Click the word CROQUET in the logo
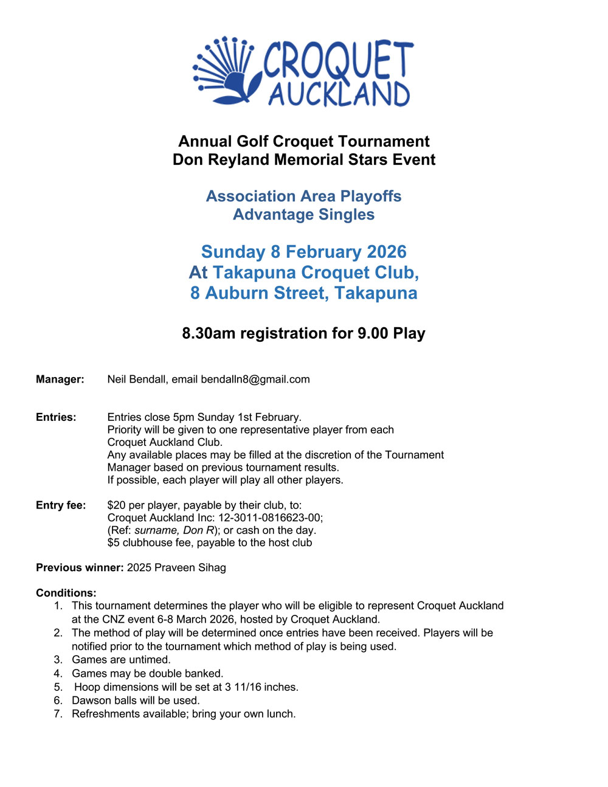point(338,61)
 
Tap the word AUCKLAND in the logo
point(339,94)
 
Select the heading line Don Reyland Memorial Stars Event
point(304,160)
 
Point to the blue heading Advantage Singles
point(304,215)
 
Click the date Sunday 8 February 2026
point(304,252)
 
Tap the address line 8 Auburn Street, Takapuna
point(304,293)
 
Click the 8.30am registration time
point(209,333)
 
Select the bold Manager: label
point(60,380)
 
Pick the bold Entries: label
point(56,417)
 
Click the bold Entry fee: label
point(61,505)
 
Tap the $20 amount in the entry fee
point(116,505)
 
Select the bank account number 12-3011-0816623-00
point(271,518)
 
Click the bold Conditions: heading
point(66,593)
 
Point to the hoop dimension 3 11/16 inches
point(261,687)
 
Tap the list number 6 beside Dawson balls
point(58,701)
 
